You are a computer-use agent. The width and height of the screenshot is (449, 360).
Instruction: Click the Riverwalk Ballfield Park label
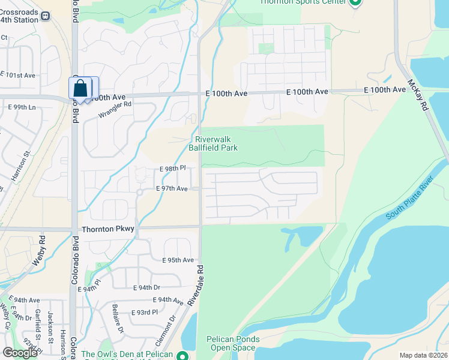(213, 143)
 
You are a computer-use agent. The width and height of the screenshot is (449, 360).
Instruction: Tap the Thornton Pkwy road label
(107, 229)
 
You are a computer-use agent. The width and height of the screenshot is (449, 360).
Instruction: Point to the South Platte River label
(411, 199)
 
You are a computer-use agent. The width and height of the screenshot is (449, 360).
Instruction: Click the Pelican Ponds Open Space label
(233, 343)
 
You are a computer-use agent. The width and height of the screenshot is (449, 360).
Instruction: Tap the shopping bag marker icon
(80, 89)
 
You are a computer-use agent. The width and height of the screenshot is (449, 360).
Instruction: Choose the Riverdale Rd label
(196, 286)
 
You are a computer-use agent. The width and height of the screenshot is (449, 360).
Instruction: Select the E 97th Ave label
(172, 188)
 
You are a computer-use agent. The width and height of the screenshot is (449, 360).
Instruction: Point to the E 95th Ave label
(178, 260)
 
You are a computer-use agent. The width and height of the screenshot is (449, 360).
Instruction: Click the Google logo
(20, 353)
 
